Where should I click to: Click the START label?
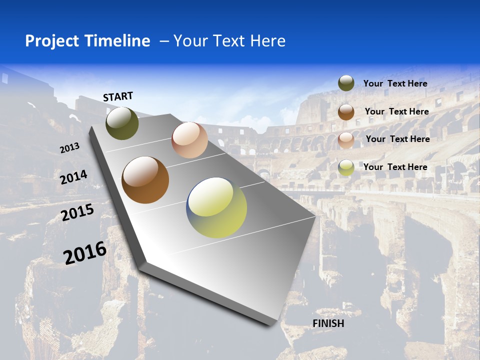pos(118,96)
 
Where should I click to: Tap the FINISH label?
pos(328,323)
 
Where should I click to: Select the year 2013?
pos(69,148)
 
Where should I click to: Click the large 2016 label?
pos(85,253)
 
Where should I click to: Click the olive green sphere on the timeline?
pos(122,123)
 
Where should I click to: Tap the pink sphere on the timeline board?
pos(189,140)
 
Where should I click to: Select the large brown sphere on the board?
pos(145,180)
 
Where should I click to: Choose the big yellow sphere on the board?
pos(216,207)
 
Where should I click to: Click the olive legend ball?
pos(346,83)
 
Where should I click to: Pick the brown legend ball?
pos(346,112)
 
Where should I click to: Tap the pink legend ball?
pos(346,140)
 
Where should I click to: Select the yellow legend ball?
pos(346,167)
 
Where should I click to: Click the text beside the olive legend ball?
pos(395,83)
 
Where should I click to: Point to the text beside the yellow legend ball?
pos(395,167)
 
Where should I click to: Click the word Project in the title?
pos(52,41)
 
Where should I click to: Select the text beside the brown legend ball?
pos(396,111)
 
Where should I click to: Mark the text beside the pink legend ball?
pos(397,139)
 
